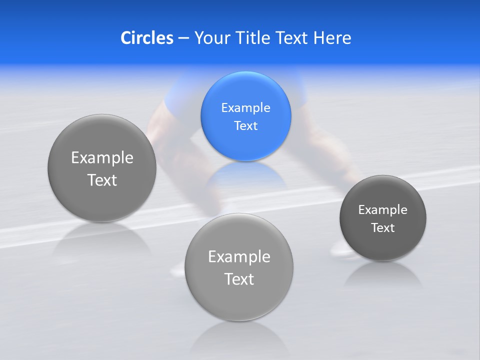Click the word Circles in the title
click(146, 38)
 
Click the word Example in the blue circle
click(245, 108)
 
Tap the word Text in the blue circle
click(245, 126)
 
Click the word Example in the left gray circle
click(102, 158)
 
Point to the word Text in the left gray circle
click(102, 180)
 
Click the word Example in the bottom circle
click(239, 257)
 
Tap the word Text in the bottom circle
click(239, 279)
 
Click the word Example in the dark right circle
click(382, 210)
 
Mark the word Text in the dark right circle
click(382, 228)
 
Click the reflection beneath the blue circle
click(245, 175)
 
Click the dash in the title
click(183, 38)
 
